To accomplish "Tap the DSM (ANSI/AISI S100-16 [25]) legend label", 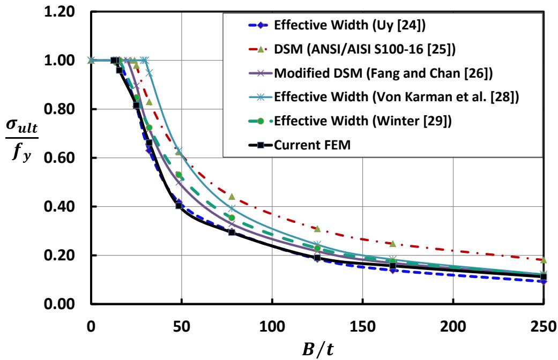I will coord(364,49).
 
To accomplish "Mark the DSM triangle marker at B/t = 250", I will coord(544,260).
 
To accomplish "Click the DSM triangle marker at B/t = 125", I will coord(317,229).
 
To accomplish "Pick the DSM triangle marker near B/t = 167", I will coord(393,244).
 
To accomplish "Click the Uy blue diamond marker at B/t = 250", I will coord(544,281).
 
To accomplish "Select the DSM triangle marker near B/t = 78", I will coord(232,197).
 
